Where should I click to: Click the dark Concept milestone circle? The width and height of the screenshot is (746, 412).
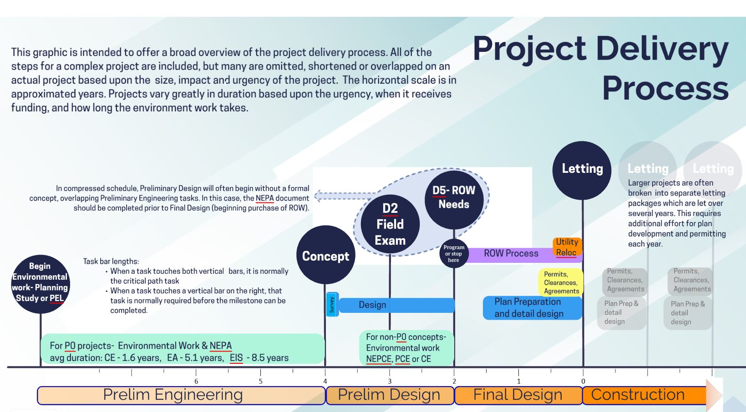pos(326,255)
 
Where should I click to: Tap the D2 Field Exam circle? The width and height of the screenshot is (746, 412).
pos(390,224)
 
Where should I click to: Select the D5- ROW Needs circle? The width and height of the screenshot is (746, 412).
pos(454,200)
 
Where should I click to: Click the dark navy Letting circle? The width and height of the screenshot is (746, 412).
pos(582,171)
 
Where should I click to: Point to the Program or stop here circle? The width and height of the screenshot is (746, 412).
pos(454,254)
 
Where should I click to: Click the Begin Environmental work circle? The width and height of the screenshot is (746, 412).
pos(41,284)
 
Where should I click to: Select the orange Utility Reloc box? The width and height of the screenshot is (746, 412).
pos(567,247)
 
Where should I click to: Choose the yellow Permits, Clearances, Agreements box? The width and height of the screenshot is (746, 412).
pos(561,282)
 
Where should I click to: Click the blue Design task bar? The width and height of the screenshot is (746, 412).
pos(396,305)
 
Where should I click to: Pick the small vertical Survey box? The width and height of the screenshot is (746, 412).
pos(332,305)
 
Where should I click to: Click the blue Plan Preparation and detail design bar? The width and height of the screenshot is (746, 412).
pos(533,308)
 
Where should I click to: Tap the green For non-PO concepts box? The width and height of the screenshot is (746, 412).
pos(406,348)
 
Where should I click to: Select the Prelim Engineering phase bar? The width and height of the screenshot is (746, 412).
pos(181,395)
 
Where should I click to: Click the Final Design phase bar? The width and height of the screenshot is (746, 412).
pos(518,395)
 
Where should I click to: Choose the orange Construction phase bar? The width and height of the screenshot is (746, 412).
pos(645,395)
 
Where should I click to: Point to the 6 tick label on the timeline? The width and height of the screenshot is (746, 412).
pos(196,382)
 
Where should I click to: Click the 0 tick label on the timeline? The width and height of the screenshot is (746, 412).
pos(583,382)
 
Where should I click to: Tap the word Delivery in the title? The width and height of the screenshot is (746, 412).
pos(662,49)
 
